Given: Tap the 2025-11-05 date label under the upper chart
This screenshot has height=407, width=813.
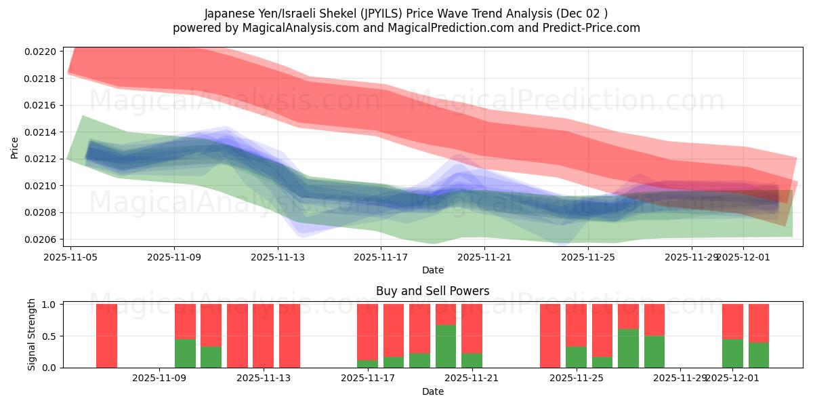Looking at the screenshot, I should click(71, 257).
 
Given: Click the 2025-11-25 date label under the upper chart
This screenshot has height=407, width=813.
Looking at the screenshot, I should click(588, 257).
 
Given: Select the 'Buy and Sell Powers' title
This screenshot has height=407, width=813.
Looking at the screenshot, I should click(432, 291).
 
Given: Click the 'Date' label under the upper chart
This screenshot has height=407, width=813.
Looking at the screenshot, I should click(432, 270).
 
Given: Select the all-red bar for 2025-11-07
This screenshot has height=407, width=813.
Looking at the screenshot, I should click(106, 336).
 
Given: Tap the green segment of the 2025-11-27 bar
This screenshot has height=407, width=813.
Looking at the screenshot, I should click(654, 351).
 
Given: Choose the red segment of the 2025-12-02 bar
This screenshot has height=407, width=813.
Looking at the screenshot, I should click(759, 323).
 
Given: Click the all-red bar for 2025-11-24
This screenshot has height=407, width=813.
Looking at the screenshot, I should click(550, 336).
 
